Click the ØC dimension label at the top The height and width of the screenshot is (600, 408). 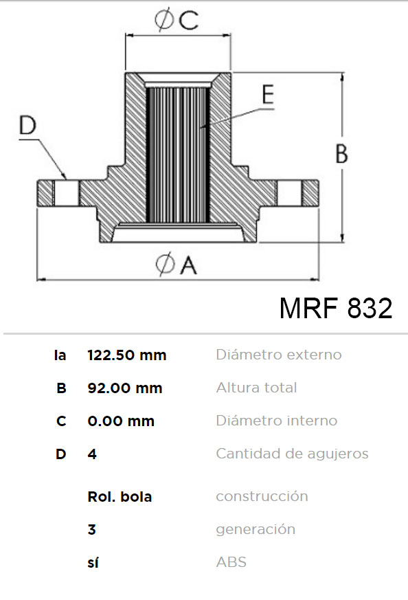177,19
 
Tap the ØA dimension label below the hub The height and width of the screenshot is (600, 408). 177,264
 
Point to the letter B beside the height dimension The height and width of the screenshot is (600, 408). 341,154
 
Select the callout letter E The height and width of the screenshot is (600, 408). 269,94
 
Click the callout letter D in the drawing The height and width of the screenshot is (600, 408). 27,125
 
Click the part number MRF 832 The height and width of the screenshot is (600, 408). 336,308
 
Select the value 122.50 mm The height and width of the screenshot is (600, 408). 127,355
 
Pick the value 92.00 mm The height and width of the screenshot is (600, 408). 125,388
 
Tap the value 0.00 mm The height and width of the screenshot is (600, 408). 121,421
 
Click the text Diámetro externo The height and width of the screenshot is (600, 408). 279,355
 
